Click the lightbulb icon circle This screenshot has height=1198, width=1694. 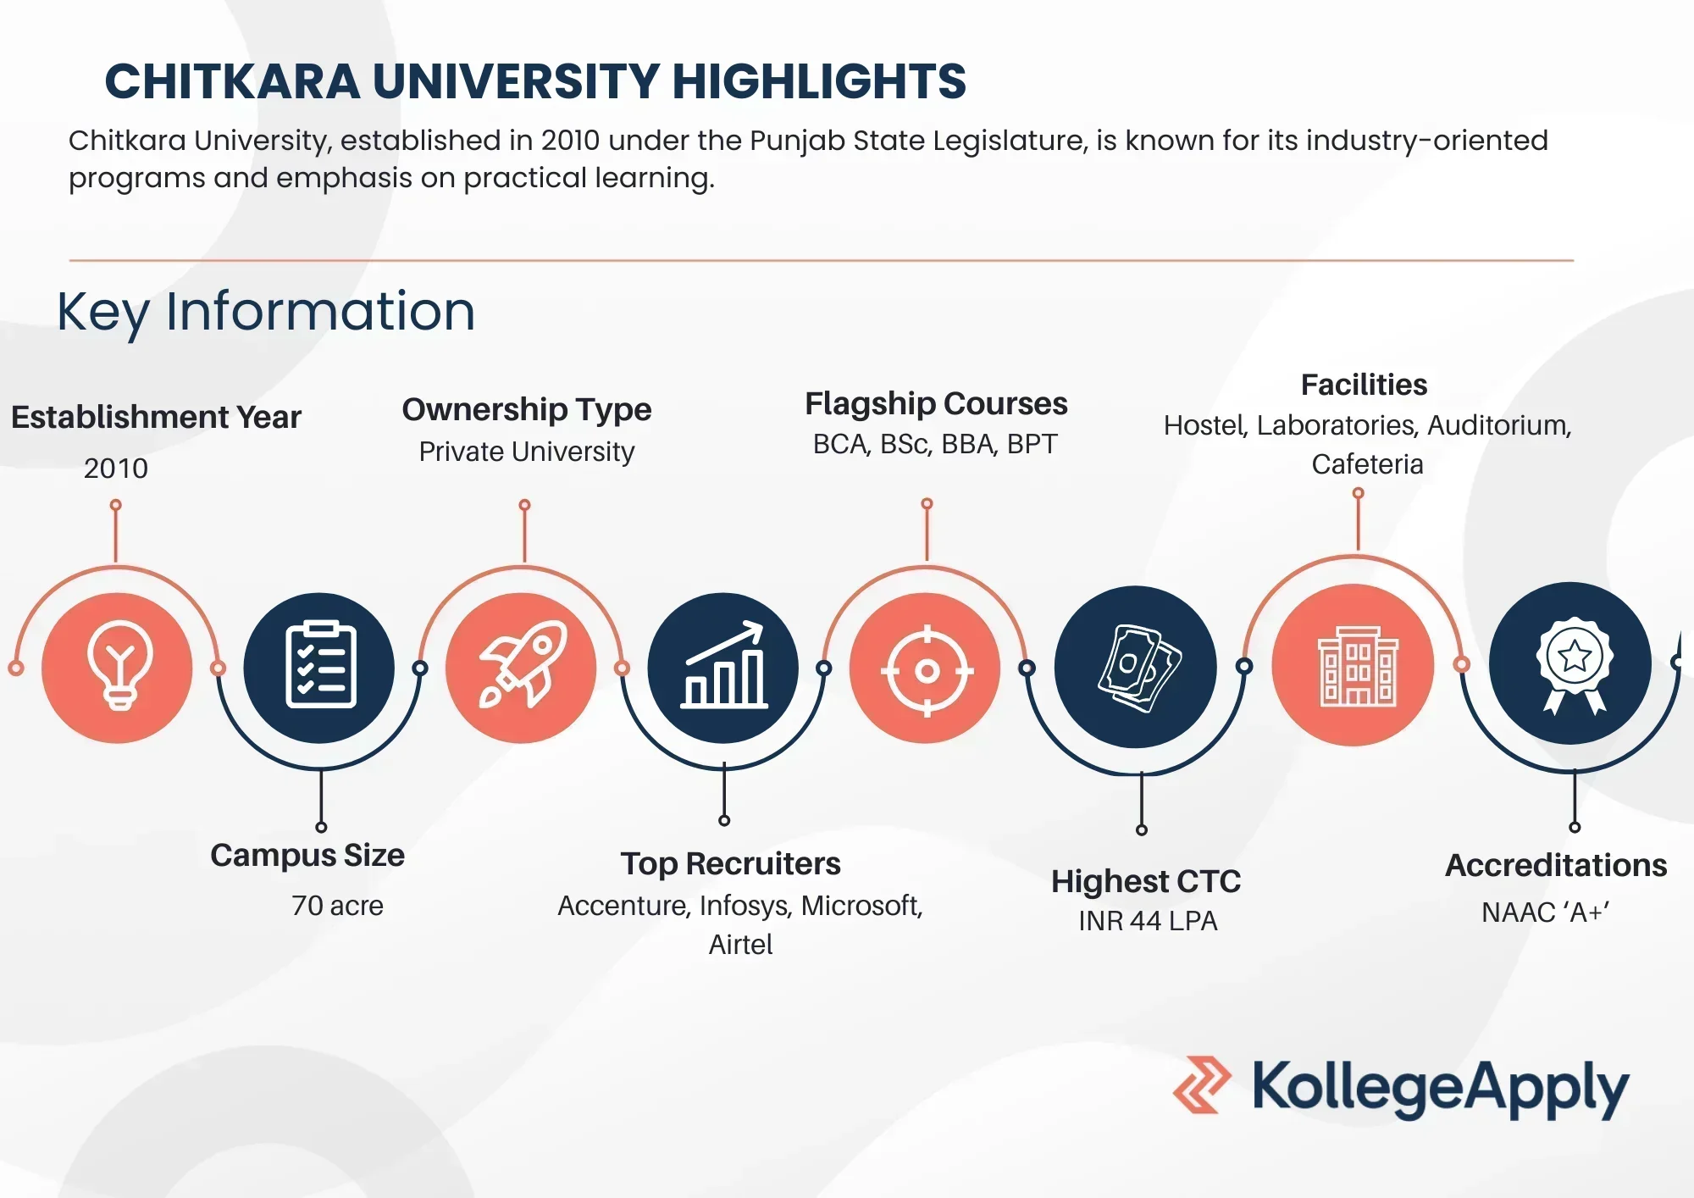pyautogui.click(x=117, y=667)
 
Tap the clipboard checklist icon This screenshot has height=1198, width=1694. pyautogui.click(x=319, y=667)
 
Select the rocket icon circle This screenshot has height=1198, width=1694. pyautogui.click(x=522, y=667)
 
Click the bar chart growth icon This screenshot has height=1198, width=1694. pyautogui.click(x=723, y=667)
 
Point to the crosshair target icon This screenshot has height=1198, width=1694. pyautogui.click(x=926, y=670)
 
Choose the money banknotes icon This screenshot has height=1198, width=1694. pyautogui.click(x=1136, y=667)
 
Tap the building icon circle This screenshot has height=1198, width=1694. pyautogui.click(x=1354, y=665)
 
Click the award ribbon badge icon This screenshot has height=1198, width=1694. pyautogui.click(x=1571, y=663)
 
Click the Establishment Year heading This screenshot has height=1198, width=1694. pyautogui.click(x=156, y=417)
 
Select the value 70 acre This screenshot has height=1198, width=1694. pyautogui.click(x=337, y=906)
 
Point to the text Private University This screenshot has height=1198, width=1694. pyautogui.click(x=527, y=452)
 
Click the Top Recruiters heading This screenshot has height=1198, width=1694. pyautogui.click(x=730, y=863)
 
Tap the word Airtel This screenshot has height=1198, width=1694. pyautogui.click(x=740, y=944)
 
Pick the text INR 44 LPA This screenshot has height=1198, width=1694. pyautogui.click(x=1148, y=920)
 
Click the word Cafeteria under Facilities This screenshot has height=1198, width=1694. pyautogui.click(x=1367, y=464)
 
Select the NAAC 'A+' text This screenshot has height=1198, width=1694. pyautogui.click(x=1545, y=912)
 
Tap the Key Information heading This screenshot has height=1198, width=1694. pyautogui.click(x=266, y=311)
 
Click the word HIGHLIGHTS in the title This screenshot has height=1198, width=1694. pyautogui.click(x=819, y=81)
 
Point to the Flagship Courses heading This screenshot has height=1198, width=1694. pyautogui.click(x=936, y=403)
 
